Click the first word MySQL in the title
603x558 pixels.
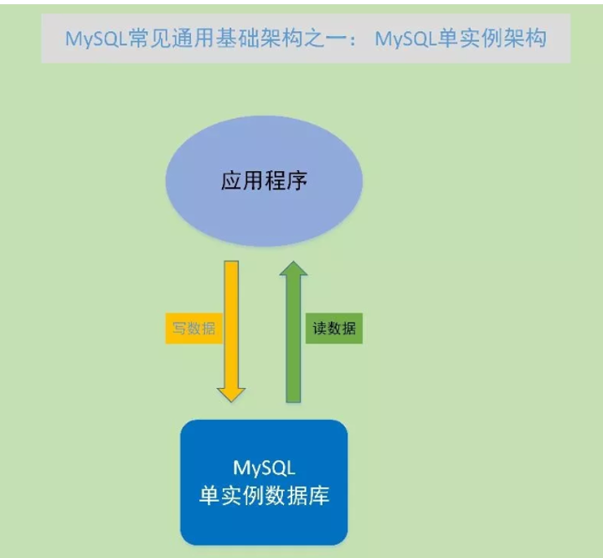tap(95, 39)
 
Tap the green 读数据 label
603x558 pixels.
tap(334, 328)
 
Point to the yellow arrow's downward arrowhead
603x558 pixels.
tap(230, 391)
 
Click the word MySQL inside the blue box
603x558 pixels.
tap(263, 466)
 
